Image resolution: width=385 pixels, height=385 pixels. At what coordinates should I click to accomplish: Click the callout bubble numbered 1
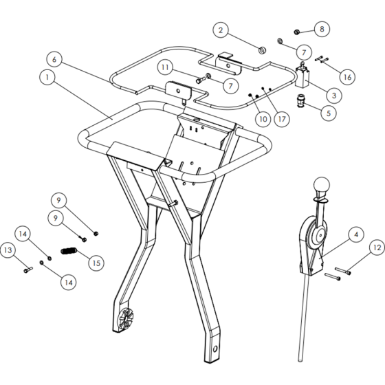point(47,77)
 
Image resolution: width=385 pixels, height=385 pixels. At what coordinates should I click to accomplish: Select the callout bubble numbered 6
point(54,59)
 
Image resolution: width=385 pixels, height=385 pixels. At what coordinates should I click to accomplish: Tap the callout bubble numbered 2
point(221,30)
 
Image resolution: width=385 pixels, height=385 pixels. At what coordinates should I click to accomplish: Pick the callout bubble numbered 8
point(322,29)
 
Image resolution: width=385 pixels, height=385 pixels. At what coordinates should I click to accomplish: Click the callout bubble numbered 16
point(347,77)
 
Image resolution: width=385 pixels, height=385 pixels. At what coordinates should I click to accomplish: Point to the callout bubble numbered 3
point(334,96)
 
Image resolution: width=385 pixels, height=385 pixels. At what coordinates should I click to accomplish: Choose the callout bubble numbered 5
point(329,113)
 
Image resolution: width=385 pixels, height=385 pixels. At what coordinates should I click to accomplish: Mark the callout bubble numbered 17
point(282,119)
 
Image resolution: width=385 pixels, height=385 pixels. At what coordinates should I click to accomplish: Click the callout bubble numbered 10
point(263,119)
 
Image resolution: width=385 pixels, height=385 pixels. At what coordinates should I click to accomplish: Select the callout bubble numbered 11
point(165,67)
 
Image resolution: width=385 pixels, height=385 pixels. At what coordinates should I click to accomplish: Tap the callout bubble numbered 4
point(356,234)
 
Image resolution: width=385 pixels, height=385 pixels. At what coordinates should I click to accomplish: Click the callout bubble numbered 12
point(377,247)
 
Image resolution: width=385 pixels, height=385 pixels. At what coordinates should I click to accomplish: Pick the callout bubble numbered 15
point(96,263)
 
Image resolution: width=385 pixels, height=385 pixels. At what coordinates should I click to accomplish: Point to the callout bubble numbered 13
point(8,250)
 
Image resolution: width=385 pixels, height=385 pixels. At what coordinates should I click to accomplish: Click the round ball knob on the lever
point(322,186)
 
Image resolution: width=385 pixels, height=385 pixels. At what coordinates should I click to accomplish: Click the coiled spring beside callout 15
point(69,251)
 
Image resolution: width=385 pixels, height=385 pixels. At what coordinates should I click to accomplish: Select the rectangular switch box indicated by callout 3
point(302,78)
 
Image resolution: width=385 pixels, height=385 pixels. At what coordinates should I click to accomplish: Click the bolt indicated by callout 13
point(28,269)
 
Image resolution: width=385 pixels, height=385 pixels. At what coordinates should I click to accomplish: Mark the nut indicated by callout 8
point(296,32)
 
